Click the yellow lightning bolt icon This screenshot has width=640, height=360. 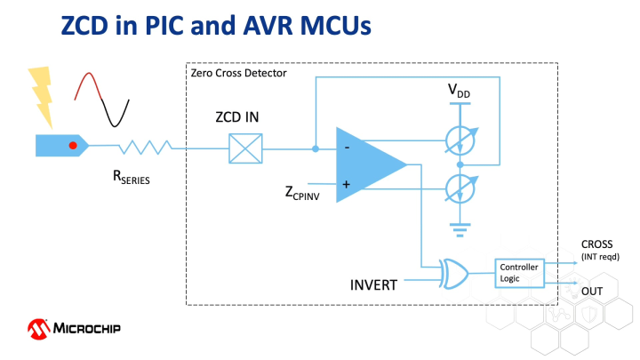pos(40,92)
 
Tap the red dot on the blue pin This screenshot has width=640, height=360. pos(74,145)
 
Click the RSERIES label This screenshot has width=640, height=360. pos(131,178)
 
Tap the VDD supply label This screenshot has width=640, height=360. pos(460,92)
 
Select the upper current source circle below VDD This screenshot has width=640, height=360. pos(460,137)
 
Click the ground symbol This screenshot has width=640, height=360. pos(460,228)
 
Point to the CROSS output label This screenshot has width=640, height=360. pos(597,244)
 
